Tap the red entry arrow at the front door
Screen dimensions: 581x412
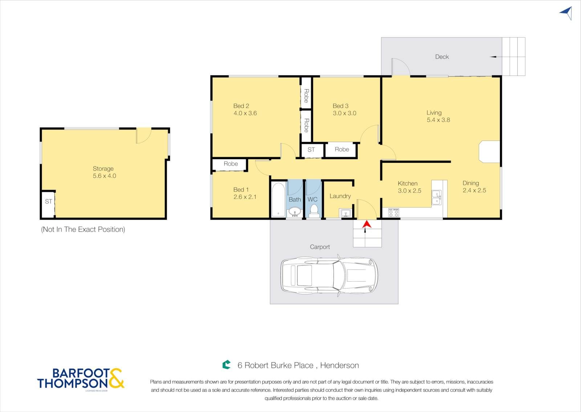[x=366, y=224]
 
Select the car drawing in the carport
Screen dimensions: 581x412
[x=329, y=275]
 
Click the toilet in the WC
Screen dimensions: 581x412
[x=314, y=211]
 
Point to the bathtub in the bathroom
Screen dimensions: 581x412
[x=278, y=200]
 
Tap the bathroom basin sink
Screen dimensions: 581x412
[x=294, y=212]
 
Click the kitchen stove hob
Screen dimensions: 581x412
[x=394, y=213]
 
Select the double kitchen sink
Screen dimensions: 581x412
[x=436, y=198]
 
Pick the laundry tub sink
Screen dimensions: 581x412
[x=346, y=213]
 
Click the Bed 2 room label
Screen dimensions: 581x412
[x=241, y=106]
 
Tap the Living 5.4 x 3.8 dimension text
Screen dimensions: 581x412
[x=438, y=120]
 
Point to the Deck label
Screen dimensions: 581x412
[x=442, y=57]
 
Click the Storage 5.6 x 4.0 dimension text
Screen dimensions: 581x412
[x=105, y=176]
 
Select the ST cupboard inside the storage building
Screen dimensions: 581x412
[x=48, y=204]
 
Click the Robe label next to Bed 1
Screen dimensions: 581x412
[x=231, y=164]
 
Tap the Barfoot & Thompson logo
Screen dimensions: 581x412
[x=81, y=379]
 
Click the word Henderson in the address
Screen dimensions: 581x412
[x=340, y=365]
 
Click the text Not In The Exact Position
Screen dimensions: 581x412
[x=83, y=229]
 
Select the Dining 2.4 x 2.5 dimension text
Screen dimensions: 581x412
[x=474, y=190]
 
